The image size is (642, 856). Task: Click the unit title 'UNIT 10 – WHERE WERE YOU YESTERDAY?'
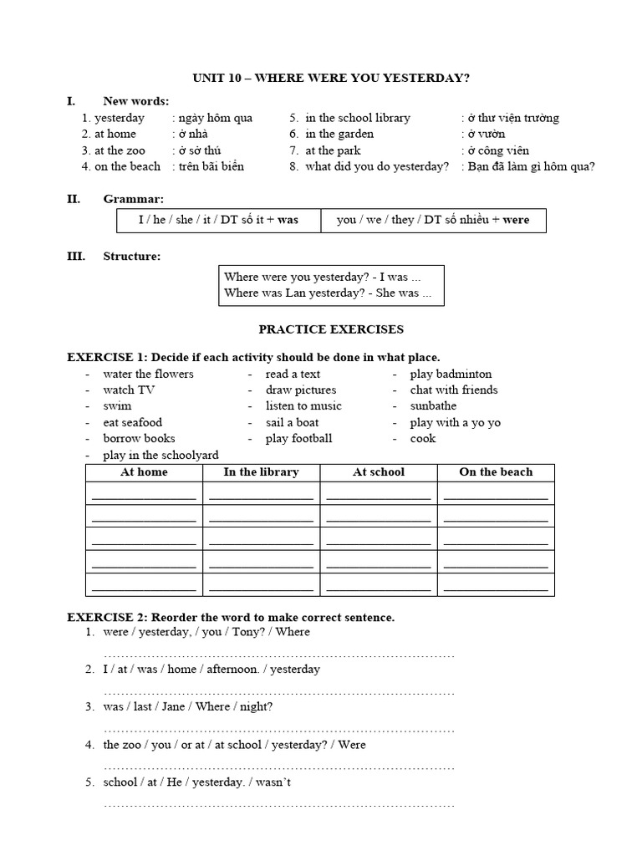coord(331,77)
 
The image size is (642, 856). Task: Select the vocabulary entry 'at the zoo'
coord(120,150)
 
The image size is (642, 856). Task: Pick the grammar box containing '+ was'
coord(218,221)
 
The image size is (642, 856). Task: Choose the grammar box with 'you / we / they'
coord(432,221)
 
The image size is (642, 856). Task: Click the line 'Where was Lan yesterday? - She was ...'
coord(328,293)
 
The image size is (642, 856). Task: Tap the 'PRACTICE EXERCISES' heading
coord(330,329)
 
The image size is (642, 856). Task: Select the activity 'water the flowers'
coord(148,374)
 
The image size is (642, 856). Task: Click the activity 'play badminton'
coord(451,374)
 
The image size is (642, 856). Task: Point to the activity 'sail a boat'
coord(292,422)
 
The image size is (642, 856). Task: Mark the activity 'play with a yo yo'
coord(455,422)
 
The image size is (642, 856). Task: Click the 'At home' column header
coord(144,472)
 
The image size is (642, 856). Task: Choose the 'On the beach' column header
coord(496,472)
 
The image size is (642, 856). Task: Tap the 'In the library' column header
coord(261,472)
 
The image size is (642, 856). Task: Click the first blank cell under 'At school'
coord(379,495)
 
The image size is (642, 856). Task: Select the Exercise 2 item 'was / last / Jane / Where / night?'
coord(188,706)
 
